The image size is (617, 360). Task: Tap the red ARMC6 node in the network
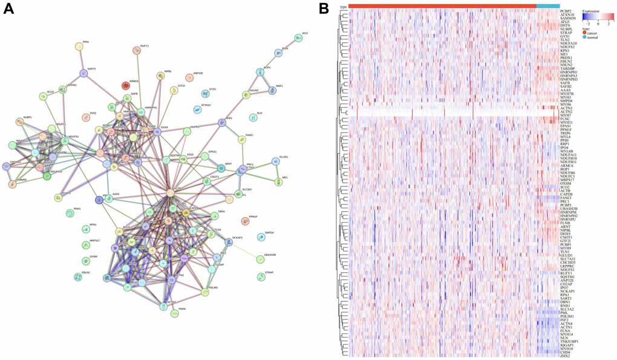pos(126,86)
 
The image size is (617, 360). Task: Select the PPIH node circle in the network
pos(79,47)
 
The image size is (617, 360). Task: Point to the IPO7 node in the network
pos(298,38)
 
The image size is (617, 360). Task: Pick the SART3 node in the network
pos(84,74)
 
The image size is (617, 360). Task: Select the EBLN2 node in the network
pos(78,277)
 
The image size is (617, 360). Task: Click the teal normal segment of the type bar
pos(547,6)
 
